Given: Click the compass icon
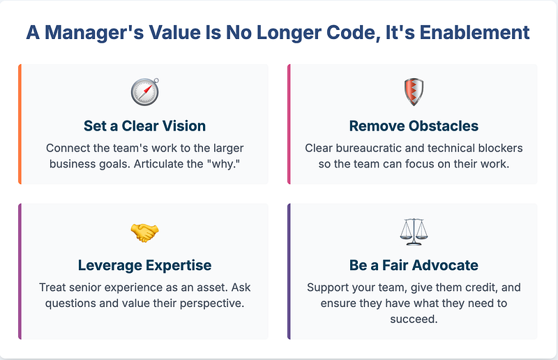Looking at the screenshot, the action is click(x=145, y=92).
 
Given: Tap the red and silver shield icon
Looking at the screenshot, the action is click(x=414, y=92).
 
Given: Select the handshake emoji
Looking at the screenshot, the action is click(x=144, y=232).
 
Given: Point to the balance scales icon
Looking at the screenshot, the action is click(x=414, y=232).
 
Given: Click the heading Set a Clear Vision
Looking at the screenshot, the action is click(x=144, y=126).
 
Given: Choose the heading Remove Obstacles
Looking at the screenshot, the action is click(x=414, y=126).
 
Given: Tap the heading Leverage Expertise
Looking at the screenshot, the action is click(x=144, y=265).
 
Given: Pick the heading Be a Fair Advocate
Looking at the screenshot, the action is click(x=414, y=265).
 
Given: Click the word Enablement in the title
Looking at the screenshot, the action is click(x=475, y=32).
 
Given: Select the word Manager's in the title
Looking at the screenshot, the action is click(x=94, y=33).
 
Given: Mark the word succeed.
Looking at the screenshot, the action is click(x=414, y=319).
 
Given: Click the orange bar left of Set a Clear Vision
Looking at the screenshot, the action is click(x=20, y=124).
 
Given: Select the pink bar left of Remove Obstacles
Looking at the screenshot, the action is click(x=289, y=124).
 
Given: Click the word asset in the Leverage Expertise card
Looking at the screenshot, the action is click(x=213, y=287).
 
